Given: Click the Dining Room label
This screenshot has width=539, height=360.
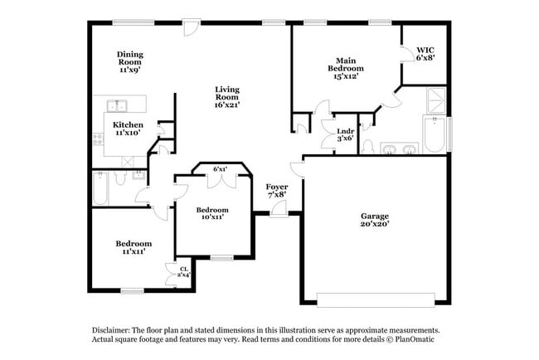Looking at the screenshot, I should coord(129,61).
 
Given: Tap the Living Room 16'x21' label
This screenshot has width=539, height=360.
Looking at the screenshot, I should coord(227,96).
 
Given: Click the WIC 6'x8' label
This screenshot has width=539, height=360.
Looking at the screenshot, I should coord(425,54).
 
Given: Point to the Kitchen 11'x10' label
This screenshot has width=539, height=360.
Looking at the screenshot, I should coord(129,128).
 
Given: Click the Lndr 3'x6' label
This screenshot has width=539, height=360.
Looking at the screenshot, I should coord(345,134).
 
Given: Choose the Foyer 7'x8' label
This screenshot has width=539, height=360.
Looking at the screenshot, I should coord(277,191).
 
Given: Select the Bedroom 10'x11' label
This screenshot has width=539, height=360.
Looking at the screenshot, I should coord(212,214).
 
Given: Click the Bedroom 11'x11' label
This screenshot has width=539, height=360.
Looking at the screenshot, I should coord(134,247).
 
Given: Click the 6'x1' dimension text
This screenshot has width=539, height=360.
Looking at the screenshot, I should coord(221,169).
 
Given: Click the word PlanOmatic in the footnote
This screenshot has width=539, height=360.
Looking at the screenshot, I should coord(414,339).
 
